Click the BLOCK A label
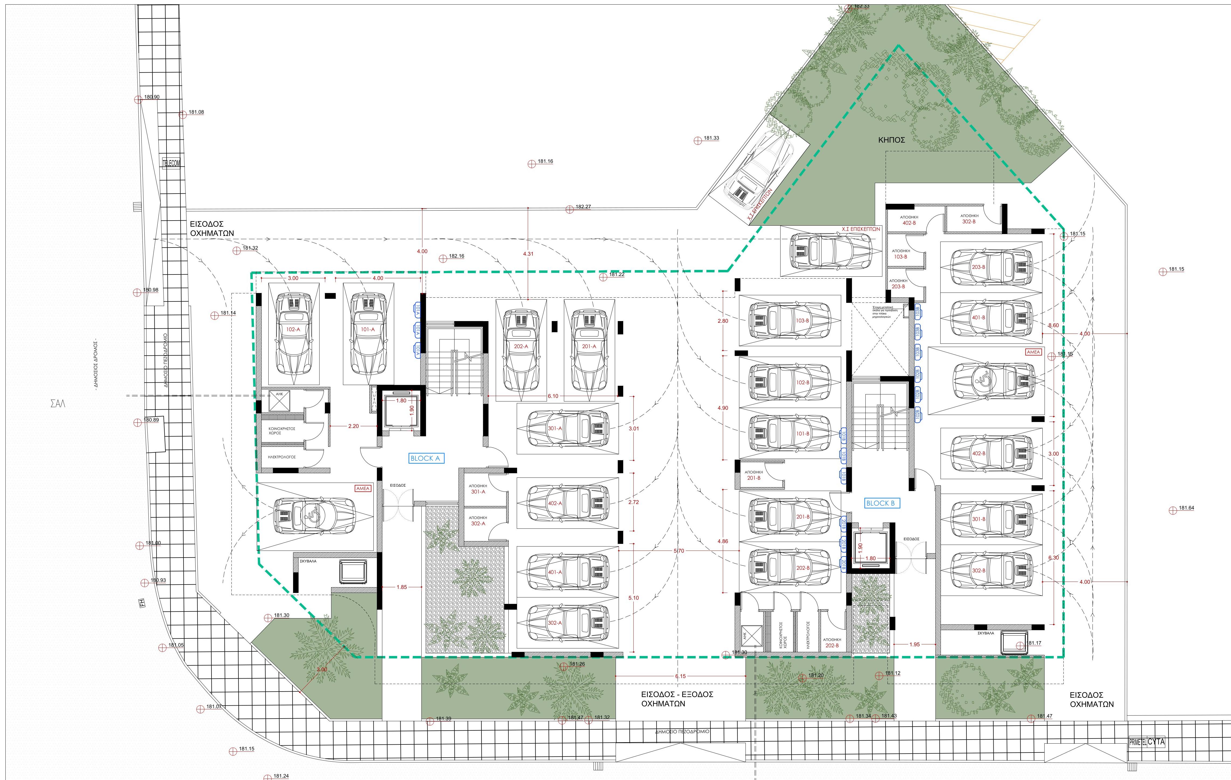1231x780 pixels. pos(425,458)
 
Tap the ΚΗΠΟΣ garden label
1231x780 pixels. pos(892,140)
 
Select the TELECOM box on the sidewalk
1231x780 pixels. pos(171,163)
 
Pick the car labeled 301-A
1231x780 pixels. pos(567,429)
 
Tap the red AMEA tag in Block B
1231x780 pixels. pos(1033,352)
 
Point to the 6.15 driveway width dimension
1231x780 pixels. pos(680,676)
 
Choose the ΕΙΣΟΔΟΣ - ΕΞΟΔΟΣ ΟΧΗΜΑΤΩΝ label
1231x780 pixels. pos(677,699)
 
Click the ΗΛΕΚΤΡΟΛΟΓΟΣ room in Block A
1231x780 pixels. pos(282,457)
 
